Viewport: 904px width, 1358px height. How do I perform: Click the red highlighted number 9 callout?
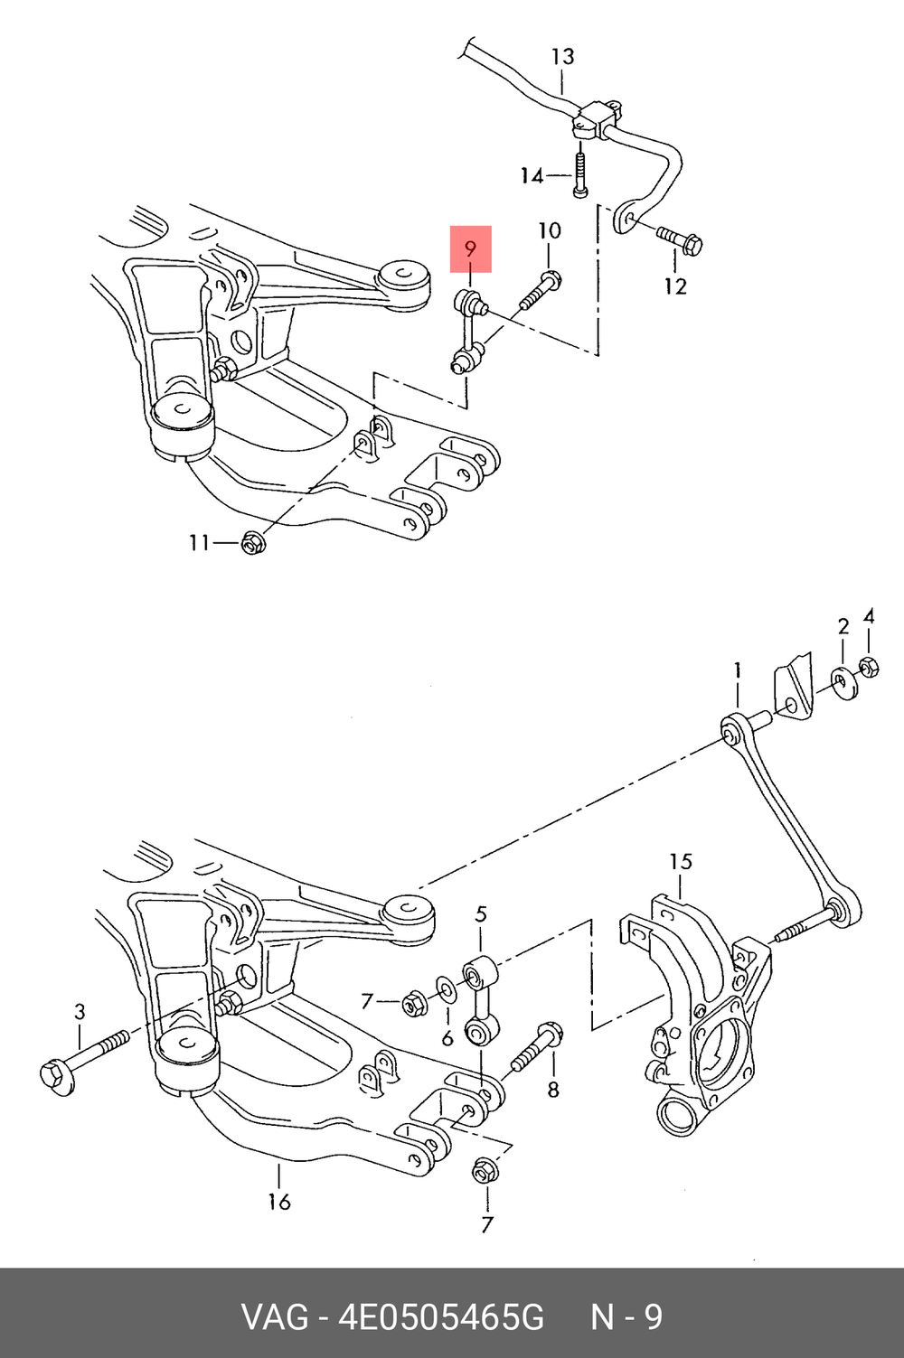(470, 248)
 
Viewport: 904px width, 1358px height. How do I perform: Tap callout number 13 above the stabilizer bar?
(562, 57)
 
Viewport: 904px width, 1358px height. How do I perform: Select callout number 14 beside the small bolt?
(532, 175)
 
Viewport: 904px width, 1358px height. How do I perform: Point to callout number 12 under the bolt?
(675, 286)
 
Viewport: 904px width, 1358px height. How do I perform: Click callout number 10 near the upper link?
(550, 231)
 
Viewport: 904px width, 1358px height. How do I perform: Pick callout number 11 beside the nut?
(199, 542)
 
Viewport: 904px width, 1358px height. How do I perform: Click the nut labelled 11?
(252, 542)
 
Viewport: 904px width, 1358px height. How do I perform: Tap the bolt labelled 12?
(680, 239)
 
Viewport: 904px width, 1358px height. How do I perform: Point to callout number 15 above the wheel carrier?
(681, 861)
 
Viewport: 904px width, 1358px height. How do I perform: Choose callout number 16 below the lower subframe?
(279, 1201)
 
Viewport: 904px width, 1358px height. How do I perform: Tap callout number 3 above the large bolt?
(80, 1011)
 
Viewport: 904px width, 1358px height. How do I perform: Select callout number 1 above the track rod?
(738, 670)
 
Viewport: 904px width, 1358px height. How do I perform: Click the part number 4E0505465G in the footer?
(441, 1317)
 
